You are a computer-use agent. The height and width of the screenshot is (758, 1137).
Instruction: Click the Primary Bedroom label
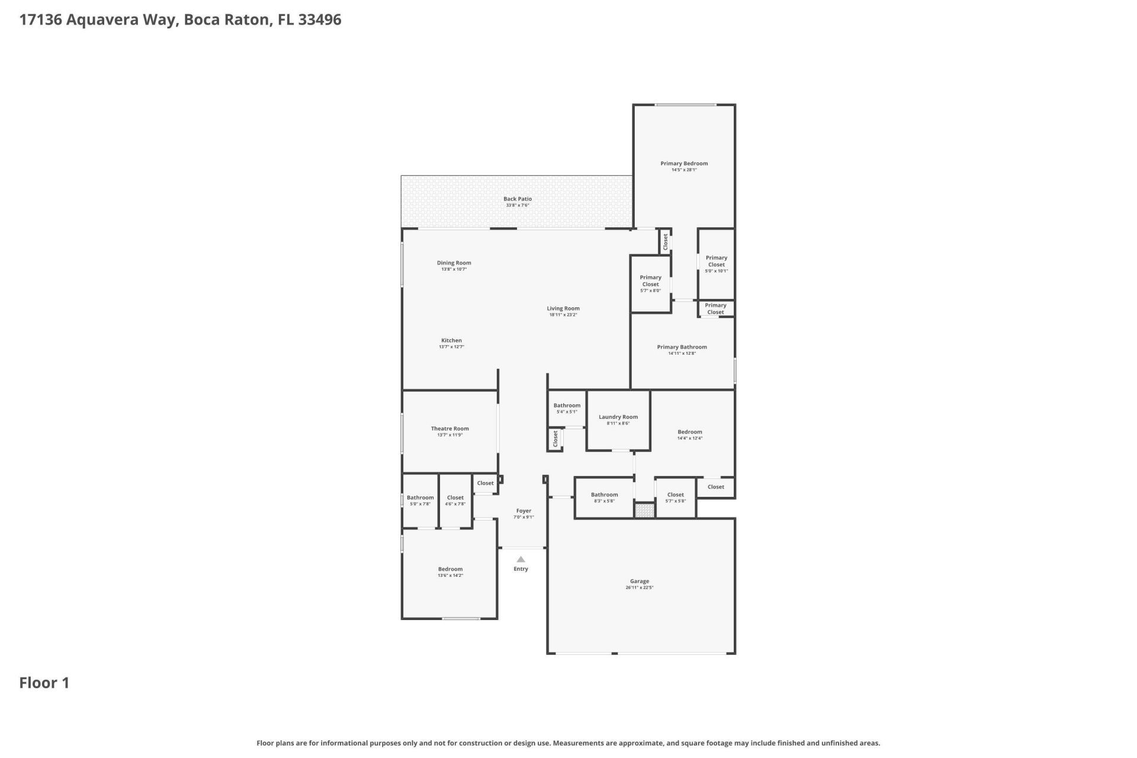pyautogui.click(x=684, y=163)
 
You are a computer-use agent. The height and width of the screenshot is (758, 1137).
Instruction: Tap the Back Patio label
pyautogui.click(x=518, y=199)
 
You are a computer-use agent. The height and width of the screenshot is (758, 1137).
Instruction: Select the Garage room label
pyautogui.click(x=640, y=582)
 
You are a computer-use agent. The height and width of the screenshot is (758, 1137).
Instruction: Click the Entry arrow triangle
pyautogui.click(x=521, y=559)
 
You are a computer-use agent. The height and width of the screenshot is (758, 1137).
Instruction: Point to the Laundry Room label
pyautogui.click(x=618, y=417)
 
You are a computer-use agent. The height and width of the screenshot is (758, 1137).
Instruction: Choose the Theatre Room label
pyautogui.click(x=449, y=429)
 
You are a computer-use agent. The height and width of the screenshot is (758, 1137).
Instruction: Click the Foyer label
pyautogui.click(x=523, y=510)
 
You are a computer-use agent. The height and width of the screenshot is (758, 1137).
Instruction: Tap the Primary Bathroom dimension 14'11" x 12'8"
pyautogui.click(x=682, y=354)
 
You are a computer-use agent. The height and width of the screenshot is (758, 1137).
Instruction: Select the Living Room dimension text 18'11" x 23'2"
pyautogui.click(x=563, y=315)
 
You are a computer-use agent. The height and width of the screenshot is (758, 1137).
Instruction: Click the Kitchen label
pyautogui.click(x=451, y=341)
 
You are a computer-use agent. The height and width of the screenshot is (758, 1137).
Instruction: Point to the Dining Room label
pyautogui.click(x=454, y=263)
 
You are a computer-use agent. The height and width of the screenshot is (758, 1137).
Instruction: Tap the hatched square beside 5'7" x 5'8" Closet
pyautogui.click(x=644, y=510)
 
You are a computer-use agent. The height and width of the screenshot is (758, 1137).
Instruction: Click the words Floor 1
pyautogui.click(x=44, y=683)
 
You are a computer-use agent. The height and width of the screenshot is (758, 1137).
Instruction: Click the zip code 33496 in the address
pyautogui.click(x=320, y=20)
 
